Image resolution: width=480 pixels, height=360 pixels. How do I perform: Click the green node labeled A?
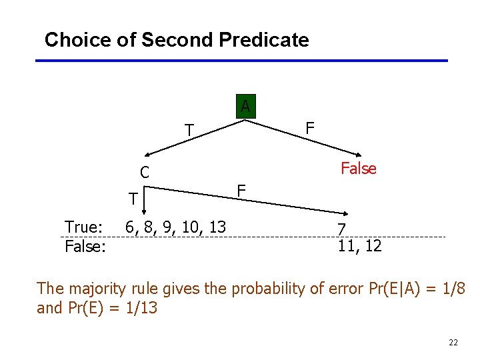point(245,107)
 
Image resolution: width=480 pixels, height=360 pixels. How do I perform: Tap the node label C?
point(144,173)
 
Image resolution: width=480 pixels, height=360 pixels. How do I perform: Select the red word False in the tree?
point(359,169)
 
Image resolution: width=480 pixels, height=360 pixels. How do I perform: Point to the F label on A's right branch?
point(309,127)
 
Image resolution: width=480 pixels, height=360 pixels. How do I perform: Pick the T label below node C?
point(134,199)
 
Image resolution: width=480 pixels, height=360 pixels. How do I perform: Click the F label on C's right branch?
point(242,191)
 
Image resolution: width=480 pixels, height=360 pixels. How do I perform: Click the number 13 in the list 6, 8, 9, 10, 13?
point(217,227)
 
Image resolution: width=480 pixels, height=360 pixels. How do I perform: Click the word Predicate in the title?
point(265,40)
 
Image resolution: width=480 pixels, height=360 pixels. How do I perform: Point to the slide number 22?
point(453,343)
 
